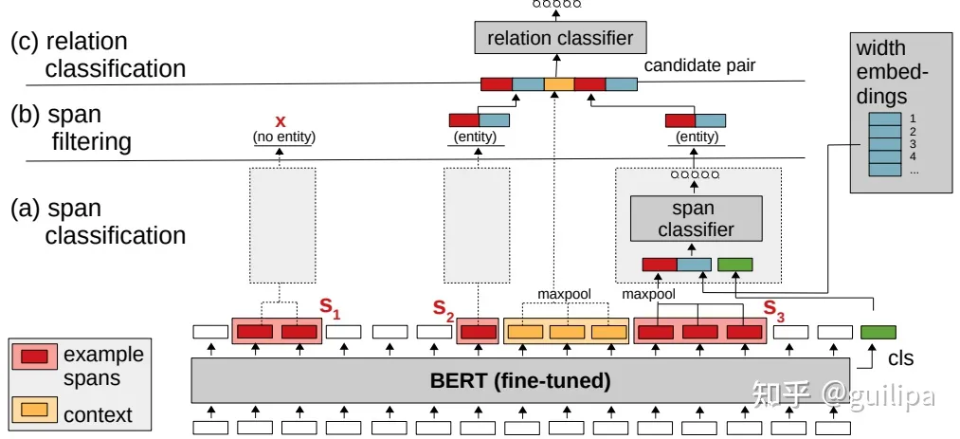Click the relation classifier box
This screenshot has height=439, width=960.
(x=559, y=38)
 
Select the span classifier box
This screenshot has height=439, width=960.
(x=697, y=218)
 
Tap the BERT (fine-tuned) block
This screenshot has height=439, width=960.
(x=520, y=381)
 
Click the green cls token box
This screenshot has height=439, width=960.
(x=877, y=332)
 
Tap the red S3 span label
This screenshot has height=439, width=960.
(x=773, y=307)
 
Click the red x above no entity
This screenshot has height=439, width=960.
(x=280, y=121)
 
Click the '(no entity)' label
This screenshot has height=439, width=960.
(x=283, y=138)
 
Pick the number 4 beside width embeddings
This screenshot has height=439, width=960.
(x=911, y=155)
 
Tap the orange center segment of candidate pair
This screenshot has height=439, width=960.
(x=558, y=83)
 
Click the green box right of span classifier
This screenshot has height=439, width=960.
(x=735, y=265)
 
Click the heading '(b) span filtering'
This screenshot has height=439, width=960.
(x=70, y=128)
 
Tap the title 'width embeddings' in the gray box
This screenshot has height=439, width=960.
(x=881, y=72)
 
